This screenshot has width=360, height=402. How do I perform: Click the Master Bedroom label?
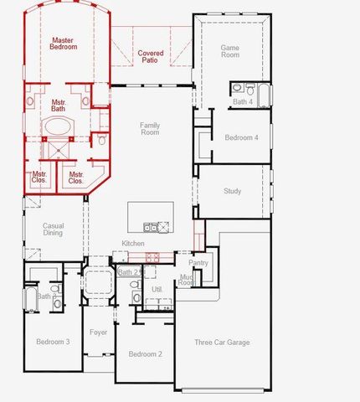tap(64, 44)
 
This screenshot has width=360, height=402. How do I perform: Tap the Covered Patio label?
tap(151, 57)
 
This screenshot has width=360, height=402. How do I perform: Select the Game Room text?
tap(229, 52)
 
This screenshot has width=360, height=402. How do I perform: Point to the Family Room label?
tap(150, 128)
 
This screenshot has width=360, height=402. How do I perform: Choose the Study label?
tap(233, 191)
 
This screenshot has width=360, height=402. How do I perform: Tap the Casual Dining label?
tap(54, 229)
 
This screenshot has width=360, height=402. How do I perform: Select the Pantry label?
tap(198, 263)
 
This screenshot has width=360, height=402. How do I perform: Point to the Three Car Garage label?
tap(222, 342)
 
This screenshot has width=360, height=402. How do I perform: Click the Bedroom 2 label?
tap(145, 354)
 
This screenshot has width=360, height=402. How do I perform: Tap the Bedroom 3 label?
tap(53, 341)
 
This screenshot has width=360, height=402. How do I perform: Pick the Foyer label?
tap(99, 332)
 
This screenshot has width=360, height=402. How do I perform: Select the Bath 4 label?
tap(243, 101)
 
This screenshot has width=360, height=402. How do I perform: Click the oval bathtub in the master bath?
tap(57, 127)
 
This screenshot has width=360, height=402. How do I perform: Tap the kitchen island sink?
tap(150, 226)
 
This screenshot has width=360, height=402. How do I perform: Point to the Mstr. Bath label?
tap(58, 106)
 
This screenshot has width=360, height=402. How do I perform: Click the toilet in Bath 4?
tap(237, 88)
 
